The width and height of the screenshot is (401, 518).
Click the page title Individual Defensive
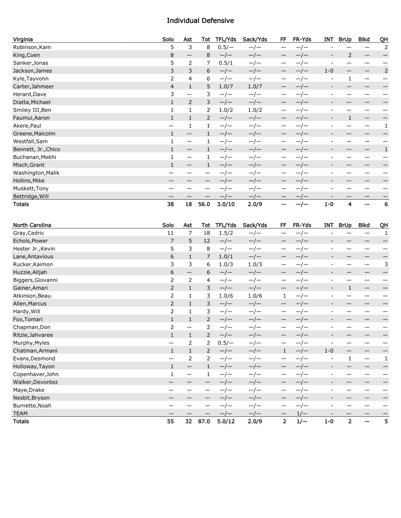[200, 20]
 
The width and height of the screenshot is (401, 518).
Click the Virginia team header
[23, 39]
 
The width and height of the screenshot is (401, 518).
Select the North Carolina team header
[32, 225]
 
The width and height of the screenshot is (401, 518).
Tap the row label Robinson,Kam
[32, 47]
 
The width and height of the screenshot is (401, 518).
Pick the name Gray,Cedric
[29, 233]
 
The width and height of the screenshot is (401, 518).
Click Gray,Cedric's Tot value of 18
[207, 233]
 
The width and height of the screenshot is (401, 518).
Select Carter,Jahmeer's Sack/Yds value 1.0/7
[255, 87]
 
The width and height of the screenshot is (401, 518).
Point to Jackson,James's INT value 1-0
[329, 71]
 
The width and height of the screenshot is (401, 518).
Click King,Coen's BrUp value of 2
[350, 55]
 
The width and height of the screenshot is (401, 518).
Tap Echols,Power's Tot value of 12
[207, 241]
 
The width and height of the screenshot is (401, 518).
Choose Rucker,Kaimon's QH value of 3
[386, 265]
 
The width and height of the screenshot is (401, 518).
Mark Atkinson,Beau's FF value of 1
[284, 296]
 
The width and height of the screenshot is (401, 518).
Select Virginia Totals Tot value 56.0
[204, 204]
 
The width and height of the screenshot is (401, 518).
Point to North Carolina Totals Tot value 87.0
[204, 422]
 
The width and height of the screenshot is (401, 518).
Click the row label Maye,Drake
[29, 390]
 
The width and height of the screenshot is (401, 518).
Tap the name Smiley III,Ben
[32, 110]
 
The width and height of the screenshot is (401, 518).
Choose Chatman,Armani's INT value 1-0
[329, 351]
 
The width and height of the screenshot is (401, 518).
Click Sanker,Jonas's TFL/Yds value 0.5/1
[225, 63]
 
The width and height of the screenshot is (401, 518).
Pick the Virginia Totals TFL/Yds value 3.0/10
[226, 204]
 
